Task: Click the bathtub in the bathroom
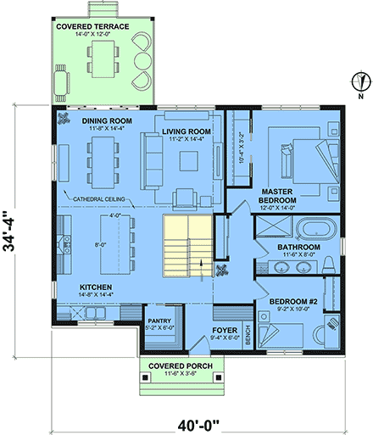coord(311,229)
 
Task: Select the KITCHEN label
coord(97,288)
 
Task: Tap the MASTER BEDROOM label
coord(277,196)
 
